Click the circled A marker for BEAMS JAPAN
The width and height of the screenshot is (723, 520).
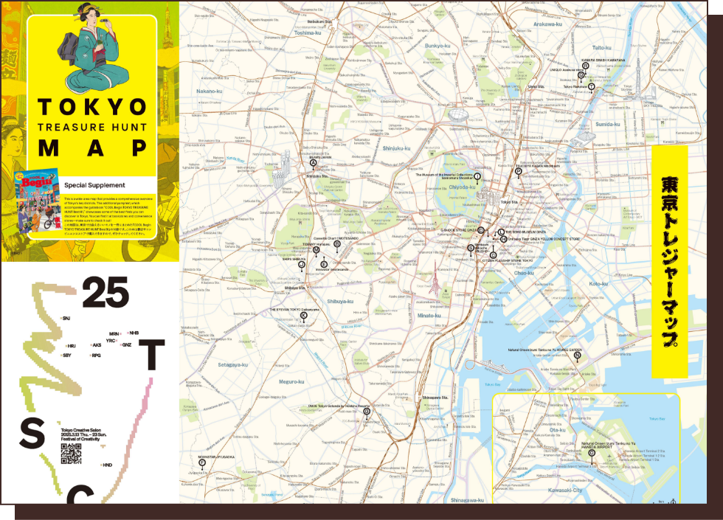point(313,163)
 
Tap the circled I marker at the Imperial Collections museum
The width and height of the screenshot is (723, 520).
point(477,177)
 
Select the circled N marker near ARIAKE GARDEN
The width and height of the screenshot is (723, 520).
point(578,355)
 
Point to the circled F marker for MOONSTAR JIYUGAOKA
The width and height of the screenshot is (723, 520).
point(202,462)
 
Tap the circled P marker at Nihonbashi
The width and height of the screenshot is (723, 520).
point(518,171)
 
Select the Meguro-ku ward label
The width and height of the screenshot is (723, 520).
point(291,381)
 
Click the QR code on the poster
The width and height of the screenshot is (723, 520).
point(71,454)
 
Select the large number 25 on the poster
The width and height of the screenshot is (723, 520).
point(105,293)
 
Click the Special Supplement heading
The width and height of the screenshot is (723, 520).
point(94,185)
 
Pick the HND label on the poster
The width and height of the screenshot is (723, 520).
point(107,465)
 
